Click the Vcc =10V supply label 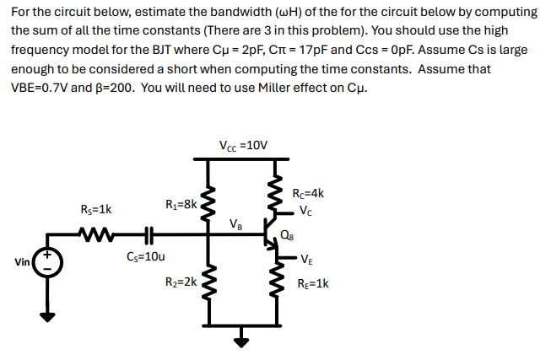(243, 145)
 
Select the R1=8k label (181, 203)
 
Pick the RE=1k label (312, 283)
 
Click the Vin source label (21, 262)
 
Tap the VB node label (237, 224)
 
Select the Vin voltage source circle (48, 261)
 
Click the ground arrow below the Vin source (48, 314)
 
